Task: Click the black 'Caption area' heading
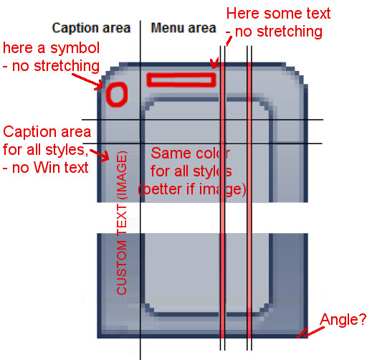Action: (91, 28)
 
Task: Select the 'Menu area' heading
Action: (183, 28)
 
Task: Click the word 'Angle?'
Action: (343, 319)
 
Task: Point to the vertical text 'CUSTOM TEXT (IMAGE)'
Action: (122, 223)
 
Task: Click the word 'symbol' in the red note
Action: (75, 48)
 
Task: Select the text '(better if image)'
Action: (192, 189)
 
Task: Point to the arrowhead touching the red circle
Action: (99, 85)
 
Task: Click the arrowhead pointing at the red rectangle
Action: (214, 63)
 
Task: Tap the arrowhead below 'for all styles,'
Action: (105, 156)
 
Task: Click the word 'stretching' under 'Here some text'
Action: (290, 32)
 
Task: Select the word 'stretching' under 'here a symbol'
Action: (67, 66)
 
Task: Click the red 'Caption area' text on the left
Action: (47, 132)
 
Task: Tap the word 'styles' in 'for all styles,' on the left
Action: (67, 150)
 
